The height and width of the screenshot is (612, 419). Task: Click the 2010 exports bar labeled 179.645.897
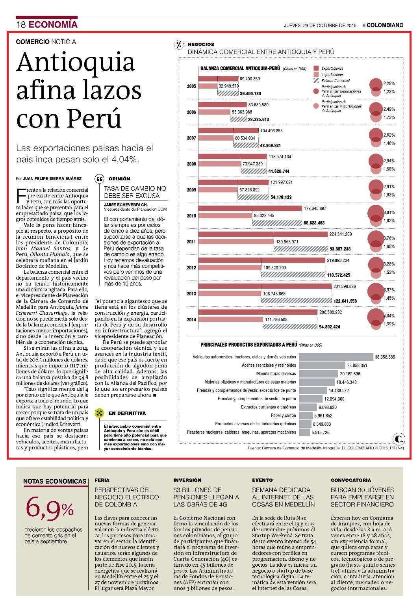(250, 208)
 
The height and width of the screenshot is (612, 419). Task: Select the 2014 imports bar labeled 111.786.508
(230, 319)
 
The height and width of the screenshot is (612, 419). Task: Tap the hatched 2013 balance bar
(297, 301)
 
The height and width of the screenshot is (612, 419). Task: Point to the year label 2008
(191, 164)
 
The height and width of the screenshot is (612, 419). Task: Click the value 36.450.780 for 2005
(250, 93)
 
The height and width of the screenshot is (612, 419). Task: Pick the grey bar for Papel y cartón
(306, 415)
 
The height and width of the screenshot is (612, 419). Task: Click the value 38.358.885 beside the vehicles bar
(385, 357)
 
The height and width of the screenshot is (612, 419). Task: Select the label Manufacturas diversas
(276, 373)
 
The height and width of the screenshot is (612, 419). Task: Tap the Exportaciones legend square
(316, 68)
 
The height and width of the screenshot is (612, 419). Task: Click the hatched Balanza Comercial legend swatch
(316, 81)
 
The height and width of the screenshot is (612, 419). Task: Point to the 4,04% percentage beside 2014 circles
(389, 316)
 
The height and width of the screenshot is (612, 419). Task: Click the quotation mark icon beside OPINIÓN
(99, 179)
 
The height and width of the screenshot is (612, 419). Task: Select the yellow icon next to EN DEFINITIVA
(99, 413)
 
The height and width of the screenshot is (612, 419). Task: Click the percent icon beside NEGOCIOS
(179, 45)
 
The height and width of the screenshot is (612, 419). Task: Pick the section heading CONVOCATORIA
(351, 480)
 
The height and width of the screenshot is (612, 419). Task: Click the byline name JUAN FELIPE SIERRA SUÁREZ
(52, 179)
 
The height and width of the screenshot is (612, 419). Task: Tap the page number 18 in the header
(21, 24)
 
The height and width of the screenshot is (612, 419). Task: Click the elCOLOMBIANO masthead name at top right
(383, 25)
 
